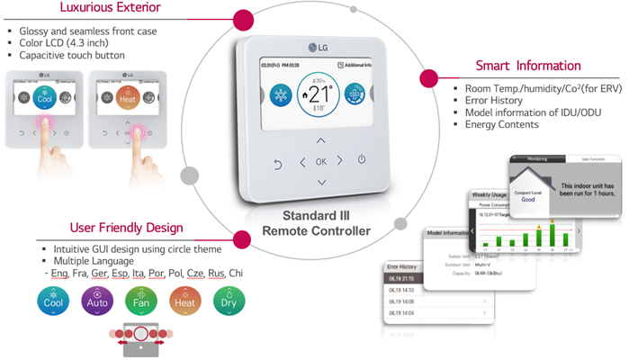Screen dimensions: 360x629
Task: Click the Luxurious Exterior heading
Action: pos(99,10)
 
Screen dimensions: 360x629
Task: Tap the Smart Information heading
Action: pos(528,65)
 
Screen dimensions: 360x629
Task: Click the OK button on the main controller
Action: pos(321,161)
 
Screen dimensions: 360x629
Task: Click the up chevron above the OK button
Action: pos(321,140)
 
